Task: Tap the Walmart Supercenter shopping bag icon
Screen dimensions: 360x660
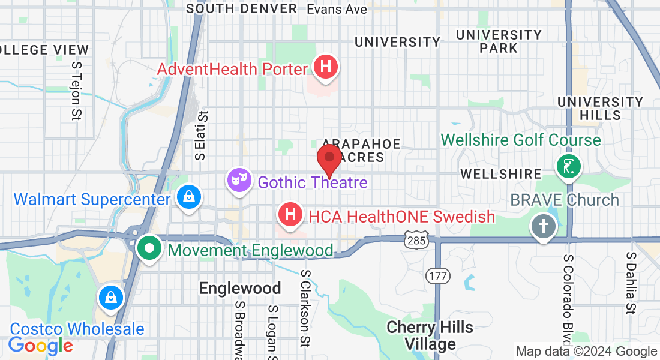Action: pyautogui.click(x=189, y=197)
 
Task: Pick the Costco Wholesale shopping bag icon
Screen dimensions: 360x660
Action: pyautogui.click(x=112, y=298)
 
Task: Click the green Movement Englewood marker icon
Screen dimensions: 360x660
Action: pyautogui.click(x=148, y=248)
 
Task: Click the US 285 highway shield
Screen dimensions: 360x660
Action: pyautogui.click(x=415, y=238)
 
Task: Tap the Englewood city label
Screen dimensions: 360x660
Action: pyautogui.click(x=240, y=289)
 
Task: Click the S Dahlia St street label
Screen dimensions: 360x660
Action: pyautogui.click(x=631, y=283)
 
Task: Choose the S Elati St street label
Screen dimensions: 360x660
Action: pyautogui.click(x=201, y=136)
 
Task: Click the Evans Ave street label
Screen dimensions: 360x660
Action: pyautogui.click(x=337, y=9)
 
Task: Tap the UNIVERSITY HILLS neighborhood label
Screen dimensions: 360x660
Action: pyautogui.click(x=600, y=108)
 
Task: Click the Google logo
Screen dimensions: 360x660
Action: pyautogui.click(x=41, y=345)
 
